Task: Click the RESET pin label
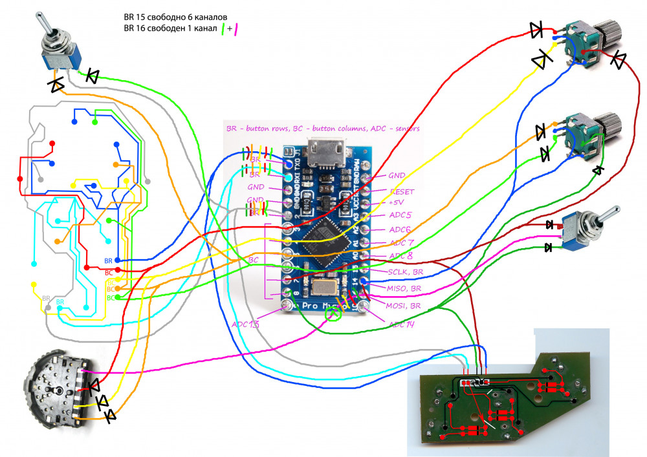point(401,192)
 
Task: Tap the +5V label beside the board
point(397,203)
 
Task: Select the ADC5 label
point(400,215)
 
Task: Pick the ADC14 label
point(401,324)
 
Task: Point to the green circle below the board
point(334,315)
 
